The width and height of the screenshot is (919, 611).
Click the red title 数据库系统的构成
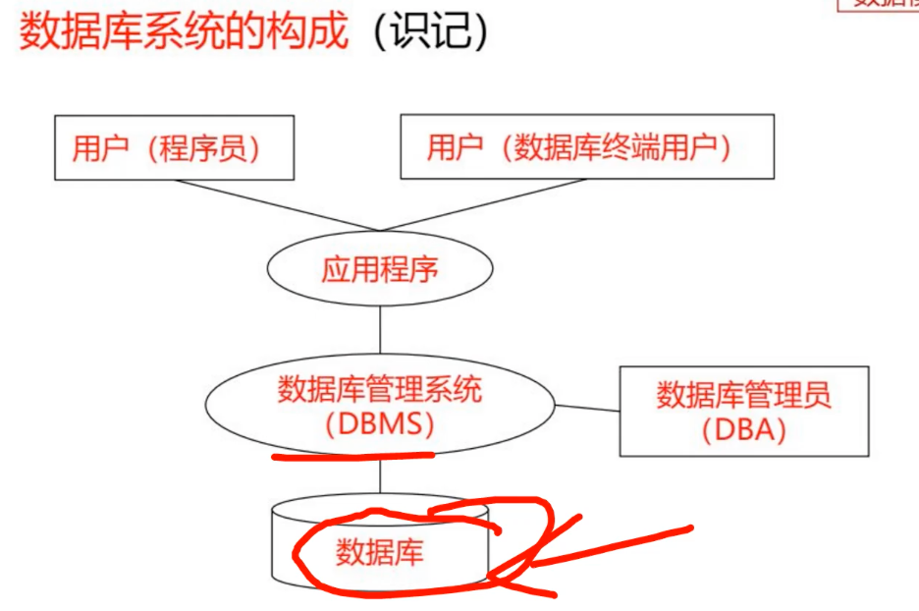tap(185, 31)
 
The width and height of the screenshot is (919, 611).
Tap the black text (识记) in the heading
tap(430, 31)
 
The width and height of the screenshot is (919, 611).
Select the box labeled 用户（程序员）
tap(174, 147)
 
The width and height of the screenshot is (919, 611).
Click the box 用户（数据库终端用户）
tap(586, 147)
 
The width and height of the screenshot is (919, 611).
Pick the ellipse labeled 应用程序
tap(380, 268)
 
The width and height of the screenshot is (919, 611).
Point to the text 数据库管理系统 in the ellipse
tap(380, 390)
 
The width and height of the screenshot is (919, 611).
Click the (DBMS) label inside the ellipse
tap(380, 425)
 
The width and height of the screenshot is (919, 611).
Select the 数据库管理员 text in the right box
tap(743, 395)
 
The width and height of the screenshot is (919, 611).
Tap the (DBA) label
tap(743, 430)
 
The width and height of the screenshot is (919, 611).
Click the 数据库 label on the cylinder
tap(380, 552)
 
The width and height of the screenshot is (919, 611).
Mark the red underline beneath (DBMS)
tap(351, 455)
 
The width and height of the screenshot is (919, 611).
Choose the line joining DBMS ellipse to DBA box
tap(587, 407)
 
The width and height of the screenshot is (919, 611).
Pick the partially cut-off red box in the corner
tap(879, 5)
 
